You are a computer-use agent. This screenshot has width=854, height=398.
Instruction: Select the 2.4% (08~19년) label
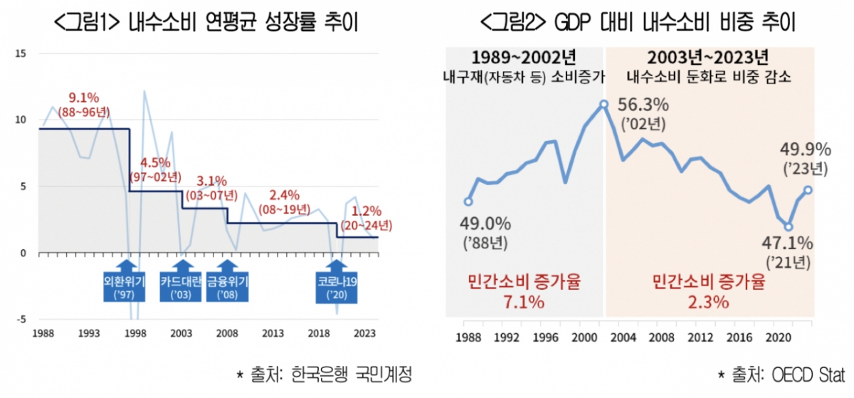pos(284,201)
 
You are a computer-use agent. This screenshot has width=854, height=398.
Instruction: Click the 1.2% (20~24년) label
pos(366,218)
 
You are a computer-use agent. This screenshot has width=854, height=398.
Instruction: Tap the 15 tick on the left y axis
pos(21,53)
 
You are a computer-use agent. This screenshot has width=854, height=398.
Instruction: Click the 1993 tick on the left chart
pos(89,332)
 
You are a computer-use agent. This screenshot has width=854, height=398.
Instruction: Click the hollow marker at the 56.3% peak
pos(603,104)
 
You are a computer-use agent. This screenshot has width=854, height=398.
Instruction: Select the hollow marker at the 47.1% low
pos(789,226)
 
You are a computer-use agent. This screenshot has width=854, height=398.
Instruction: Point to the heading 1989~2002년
pos(524,58)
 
